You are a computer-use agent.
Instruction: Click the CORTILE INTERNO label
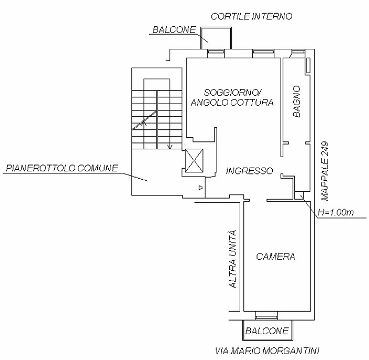[251, 16]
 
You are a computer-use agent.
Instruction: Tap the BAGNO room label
[297, 101]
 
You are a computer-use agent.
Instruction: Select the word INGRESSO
[249, 171]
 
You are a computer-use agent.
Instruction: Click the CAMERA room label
[276, 257]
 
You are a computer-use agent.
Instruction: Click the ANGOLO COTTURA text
[232, 102]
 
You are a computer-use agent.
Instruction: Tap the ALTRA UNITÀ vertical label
[232, 260]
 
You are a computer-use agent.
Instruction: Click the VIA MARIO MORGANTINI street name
[268, 351]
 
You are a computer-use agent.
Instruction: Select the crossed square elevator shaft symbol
[194, 161]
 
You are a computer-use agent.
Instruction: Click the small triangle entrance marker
[200, 187]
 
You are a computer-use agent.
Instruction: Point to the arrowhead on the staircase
[169, 147]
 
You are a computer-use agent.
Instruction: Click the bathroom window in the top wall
[298, 52]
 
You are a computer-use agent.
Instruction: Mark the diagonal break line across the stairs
[145, 120]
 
